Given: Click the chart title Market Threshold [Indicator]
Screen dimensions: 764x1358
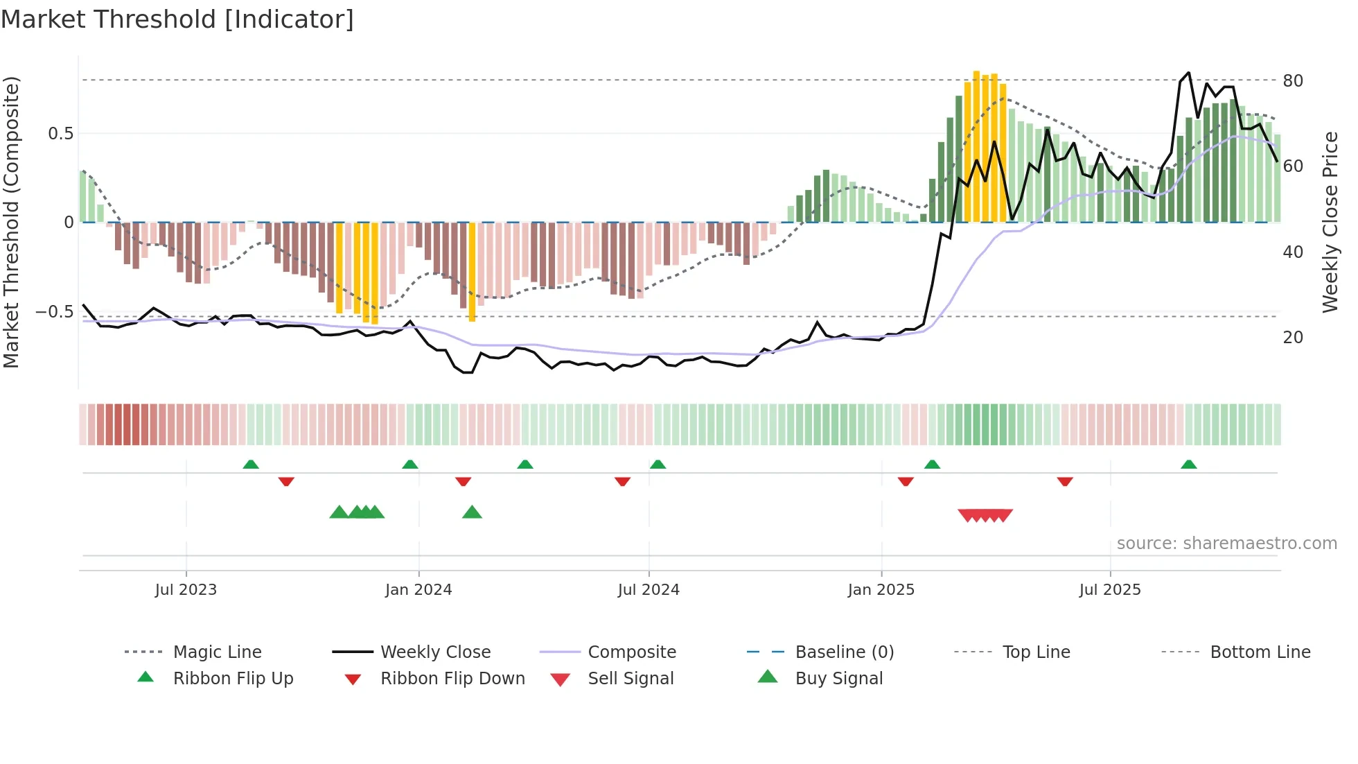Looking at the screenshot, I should (x=177, y=19).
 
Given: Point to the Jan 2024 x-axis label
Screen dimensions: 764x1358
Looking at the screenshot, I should (x=418, y=590).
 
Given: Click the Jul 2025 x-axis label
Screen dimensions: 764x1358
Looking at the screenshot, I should (x=1109, y=590).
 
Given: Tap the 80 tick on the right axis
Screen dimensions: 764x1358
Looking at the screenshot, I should (x=1293, y=81).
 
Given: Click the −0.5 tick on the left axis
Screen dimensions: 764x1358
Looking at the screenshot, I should (x=54, y=312).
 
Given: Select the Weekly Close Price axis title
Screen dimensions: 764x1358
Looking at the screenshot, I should (x=1330, y=222).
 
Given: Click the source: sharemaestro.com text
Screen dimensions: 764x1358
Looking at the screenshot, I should (x=1226, y=544).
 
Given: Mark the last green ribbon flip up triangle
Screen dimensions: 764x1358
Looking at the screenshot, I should (x=1189, y=465).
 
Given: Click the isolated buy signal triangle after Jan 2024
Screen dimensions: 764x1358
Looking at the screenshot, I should (x=472, y=512).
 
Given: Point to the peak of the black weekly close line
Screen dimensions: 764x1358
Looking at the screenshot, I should (x=1189, y=72).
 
